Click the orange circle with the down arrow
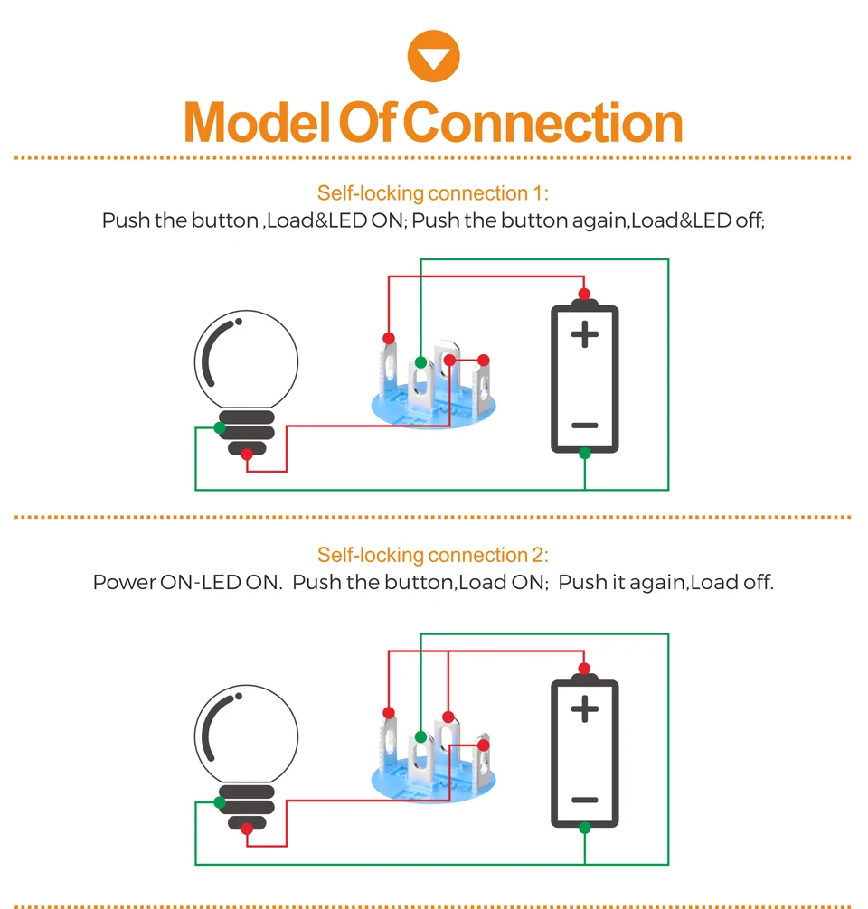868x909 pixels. [433, 56]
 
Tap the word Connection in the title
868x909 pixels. [542, 122]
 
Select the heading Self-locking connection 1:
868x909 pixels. [433, 193]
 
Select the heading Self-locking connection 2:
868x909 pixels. [433, 555]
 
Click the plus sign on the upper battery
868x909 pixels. [585, 334]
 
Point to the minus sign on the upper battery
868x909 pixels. [585, 426]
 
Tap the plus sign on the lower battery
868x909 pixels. [585, 708]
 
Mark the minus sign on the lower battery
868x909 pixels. [585, 800]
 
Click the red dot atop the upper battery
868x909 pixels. [584, 294]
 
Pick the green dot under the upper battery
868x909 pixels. [585, 454]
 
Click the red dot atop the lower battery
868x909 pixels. [584, 669]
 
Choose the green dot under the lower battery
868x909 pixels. [585, 828]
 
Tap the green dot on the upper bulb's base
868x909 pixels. [220, 427]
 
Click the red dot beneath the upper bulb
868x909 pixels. [247, 454]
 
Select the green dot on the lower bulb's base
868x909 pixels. [220, 802]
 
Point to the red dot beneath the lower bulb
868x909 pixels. [247, 829]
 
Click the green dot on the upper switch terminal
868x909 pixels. [420, 363]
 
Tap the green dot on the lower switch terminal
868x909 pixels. [420, 737]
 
